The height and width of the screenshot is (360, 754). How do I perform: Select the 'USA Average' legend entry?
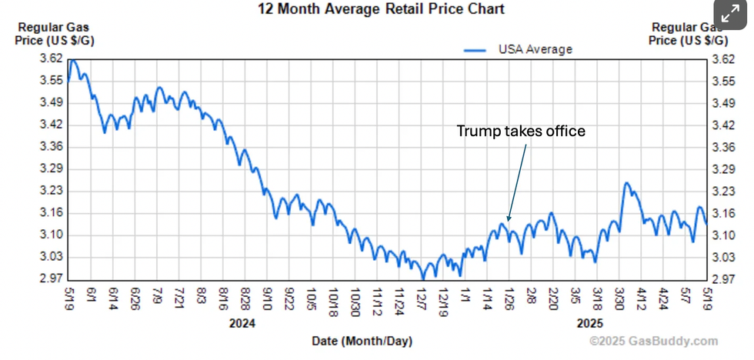[535, 49]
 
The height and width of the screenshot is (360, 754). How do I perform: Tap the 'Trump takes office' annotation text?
[521, 132]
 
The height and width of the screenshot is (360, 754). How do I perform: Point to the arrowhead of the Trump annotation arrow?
[509, 219]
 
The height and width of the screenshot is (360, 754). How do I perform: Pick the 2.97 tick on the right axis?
[725, 279]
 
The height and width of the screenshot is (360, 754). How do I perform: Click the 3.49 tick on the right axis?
[725, 103]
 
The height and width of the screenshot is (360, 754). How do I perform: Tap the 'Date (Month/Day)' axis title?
[362, 341]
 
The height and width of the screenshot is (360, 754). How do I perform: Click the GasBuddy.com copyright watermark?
[653, 342]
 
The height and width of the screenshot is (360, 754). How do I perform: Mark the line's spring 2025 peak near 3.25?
[626, 183]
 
